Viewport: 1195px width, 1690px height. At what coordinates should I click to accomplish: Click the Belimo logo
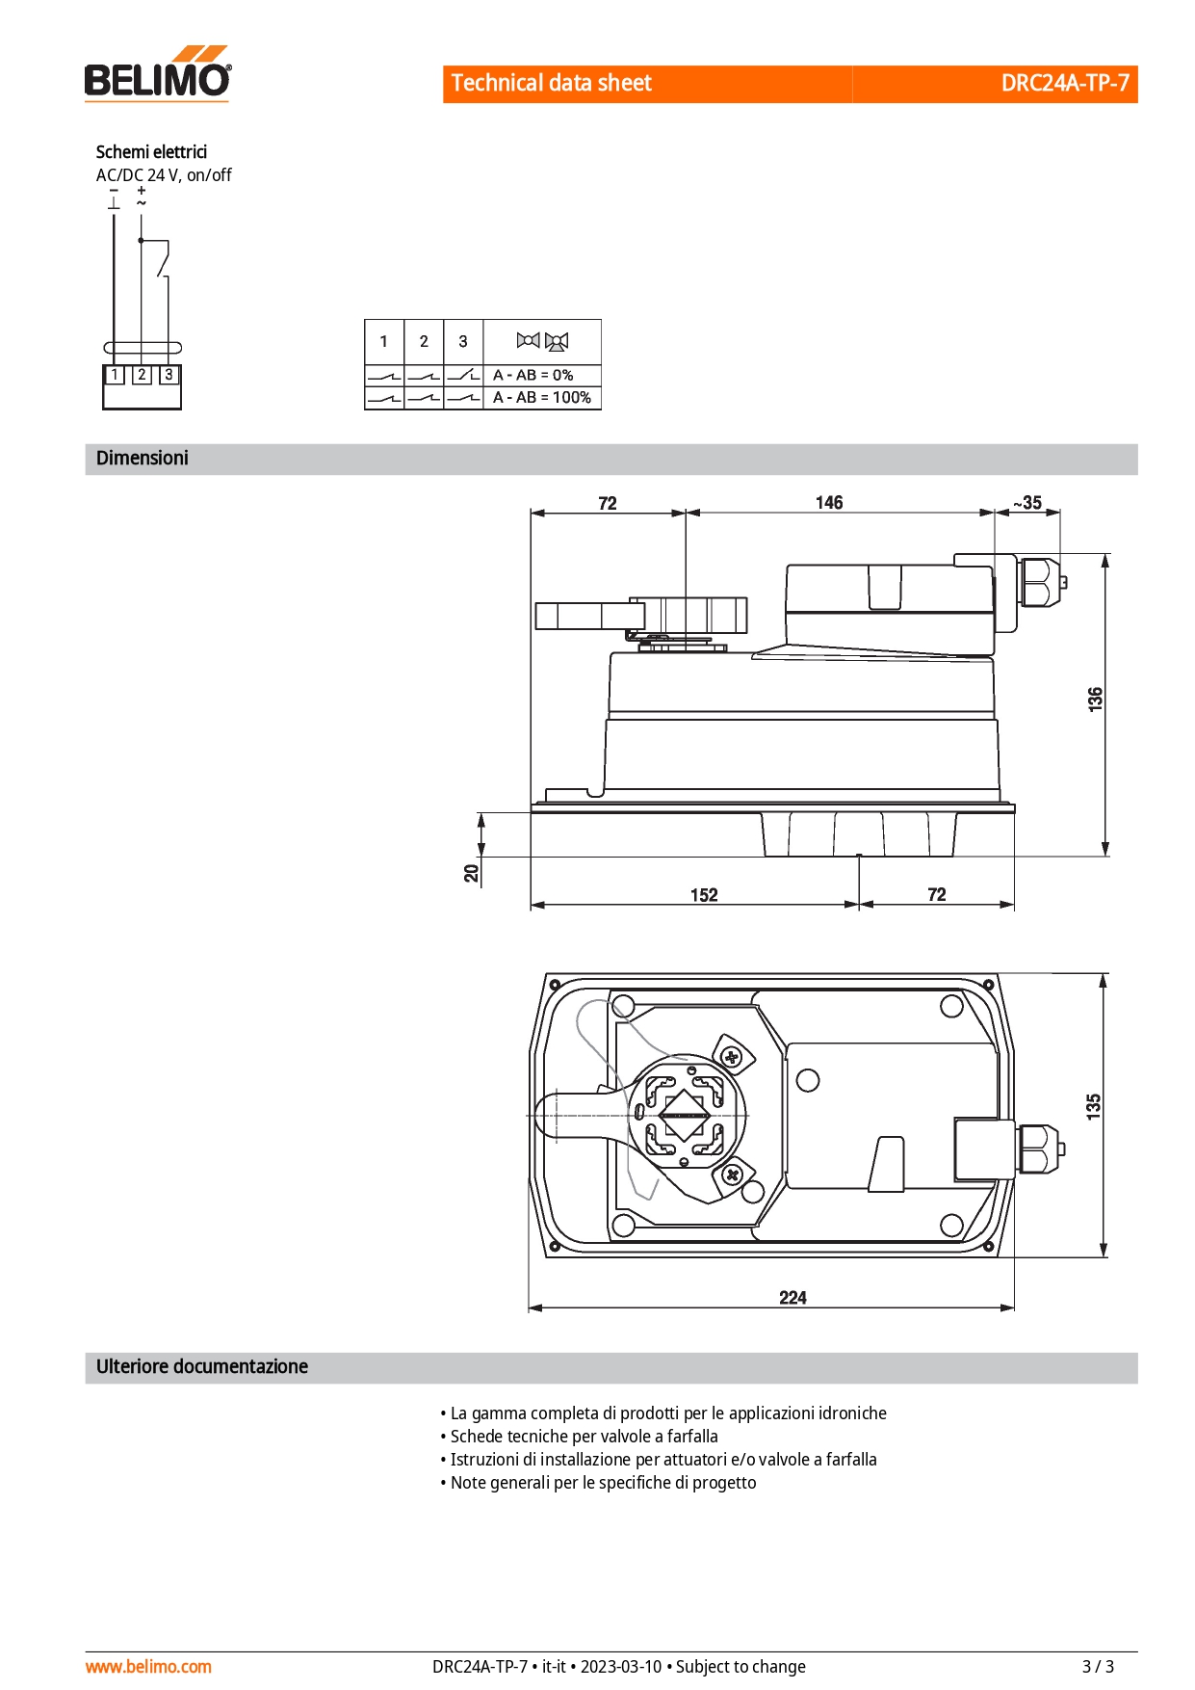coord(158,73)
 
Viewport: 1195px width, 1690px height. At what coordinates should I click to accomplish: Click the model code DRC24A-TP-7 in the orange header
coord(1065,83)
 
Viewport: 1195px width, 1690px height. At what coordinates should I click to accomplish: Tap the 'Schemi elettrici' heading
coord(151,151)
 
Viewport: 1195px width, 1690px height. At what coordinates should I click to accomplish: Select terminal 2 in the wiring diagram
coord(142,374)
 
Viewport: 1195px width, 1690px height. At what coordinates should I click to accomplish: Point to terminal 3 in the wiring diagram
coord(169,374)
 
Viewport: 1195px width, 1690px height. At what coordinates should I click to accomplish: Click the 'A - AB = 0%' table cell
coord(533,375)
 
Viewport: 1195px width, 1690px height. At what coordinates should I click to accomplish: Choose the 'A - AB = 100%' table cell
coord(542,397)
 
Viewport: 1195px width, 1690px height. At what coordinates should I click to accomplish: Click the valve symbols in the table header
coord(542,340)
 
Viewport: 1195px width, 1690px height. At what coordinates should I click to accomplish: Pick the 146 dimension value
coord(829,502)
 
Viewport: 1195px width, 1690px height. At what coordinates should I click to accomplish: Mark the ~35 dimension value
coord(1027,502)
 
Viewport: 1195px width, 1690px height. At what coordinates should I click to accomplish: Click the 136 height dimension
coord(1095,699)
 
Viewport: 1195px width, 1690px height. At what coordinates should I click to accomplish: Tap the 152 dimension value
coord(704,894)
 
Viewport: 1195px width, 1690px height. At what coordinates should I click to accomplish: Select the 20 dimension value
coord(471,873)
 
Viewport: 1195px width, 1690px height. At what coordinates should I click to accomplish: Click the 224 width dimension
coord(792,1297)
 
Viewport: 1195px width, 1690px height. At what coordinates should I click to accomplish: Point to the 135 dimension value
coord(1094,1105)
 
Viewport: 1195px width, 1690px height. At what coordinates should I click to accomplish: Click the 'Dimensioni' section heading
coord(143,458)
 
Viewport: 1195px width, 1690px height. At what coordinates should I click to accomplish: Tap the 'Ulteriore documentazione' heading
coord(202,1366)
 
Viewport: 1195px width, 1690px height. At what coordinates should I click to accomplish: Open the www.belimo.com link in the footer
coord(148,1666)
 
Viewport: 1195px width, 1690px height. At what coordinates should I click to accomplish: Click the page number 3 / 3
coord(1098,1666)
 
